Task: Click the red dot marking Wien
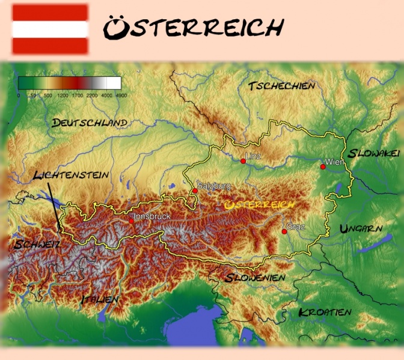click(323, 166)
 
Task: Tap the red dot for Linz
click(243, 161)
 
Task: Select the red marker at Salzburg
click(195, 191)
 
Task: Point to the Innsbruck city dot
click(131, 221)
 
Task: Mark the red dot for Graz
click(284, 231)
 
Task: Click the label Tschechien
click(281, 86)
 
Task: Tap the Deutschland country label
click(90, 123)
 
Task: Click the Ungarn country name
click(361, 228)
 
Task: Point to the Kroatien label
click(325, 312)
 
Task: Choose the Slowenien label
click(255, 278)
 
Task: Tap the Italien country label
click(100, 298)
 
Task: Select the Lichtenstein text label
click(71, 175)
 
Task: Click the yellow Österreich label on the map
click(259, 205)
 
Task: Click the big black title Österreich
click(192, 27)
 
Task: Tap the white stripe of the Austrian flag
click(50, 29)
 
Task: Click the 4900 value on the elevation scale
click(121, 95)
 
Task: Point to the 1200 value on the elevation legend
click(63, 95)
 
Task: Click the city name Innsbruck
click(152, 216)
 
